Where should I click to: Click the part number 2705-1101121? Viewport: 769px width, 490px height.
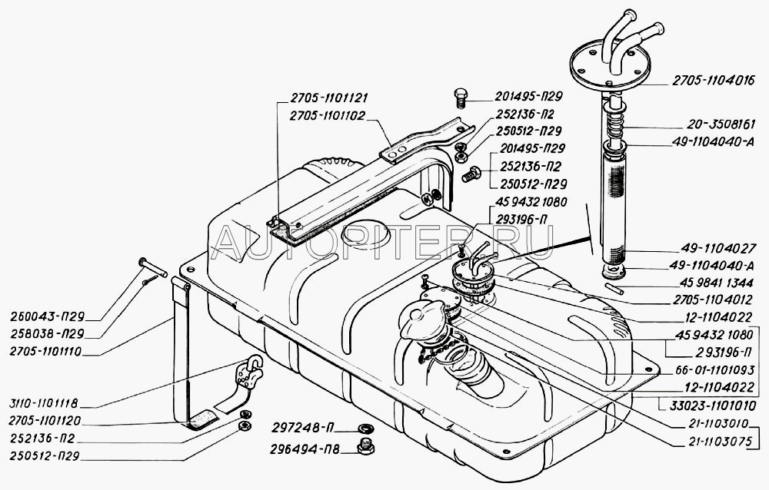(x=328, y=98)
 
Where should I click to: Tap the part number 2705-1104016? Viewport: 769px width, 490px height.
(x=713, y=81)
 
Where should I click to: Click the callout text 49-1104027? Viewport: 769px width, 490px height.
(x=718, y=248)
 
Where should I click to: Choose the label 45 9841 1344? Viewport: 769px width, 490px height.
(x=717, y=283)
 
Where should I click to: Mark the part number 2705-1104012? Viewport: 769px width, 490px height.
(x=713, y=299)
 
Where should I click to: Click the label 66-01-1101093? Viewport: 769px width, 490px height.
(x=714, y=369)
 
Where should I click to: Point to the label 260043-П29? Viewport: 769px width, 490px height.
(x=47, y=316)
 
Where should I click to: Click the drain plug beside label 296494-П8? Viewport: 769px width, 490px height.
(x=364, y=447)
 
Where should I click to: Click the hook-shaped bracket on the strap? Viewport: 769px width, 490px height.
(x=250, y=373)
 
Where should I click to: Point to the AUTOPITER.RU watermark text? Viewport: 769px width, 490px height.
(x=384, y=243)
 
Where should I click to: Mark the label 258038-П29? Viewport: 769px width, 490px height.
(x=47, y=333)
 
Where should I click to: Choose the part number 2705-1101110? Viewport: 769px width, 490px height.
(x=45, y=352)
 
